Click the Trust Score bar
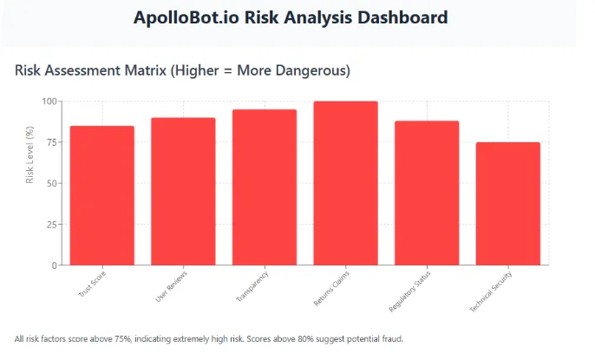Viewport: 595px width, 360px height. (101, 195)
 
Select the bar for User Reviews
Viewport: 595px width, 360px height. (183, 191)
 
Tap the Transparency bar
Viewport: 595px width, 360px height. (265, 187)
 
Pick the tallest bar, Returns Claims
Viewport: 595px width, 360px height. (345, 183)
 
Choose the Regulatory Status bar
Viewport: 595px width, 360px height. (427, 193)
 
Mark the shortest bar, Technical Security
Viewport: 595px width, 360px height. (508, 203)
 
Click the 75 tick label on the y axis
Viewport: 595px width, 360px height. (52, 142)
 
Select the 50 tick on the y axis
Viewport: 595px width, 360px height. (52, 183)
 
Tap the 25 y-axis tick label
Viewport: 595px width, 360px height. (52, 224)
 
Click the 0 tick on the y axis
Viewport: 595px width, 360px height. (55, 265)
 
